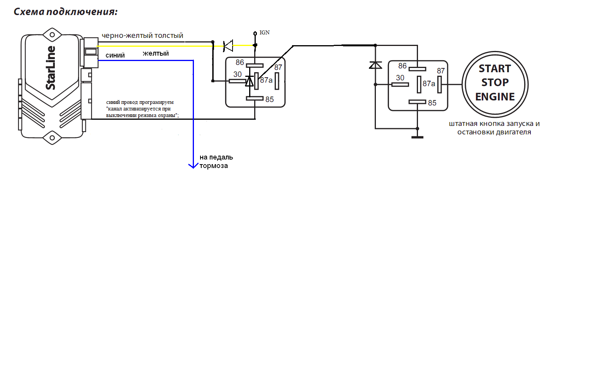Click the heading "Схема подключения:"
65,12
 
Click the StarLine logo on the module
51,68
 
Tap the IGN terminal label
265,33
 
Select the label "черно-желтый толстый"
142,36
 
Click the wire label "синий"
115,56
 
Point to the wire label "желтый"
156,54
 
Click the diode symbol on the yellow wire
228,46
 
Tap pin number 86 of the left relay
240,63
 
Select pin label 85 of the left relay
270,100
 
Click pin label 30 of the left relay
238,75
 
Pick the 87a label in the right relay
429,84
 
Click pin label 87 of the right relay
441,71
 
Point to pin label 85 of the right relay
432,103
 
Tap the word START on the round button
495,69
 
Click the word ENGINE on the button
495,97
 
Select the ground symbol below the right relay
417,136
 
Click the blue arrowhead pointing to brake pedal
193,166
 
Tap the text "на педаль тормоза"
216,162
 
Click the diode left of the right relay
375,65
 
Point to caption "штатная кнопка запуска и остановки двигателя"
494,128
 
